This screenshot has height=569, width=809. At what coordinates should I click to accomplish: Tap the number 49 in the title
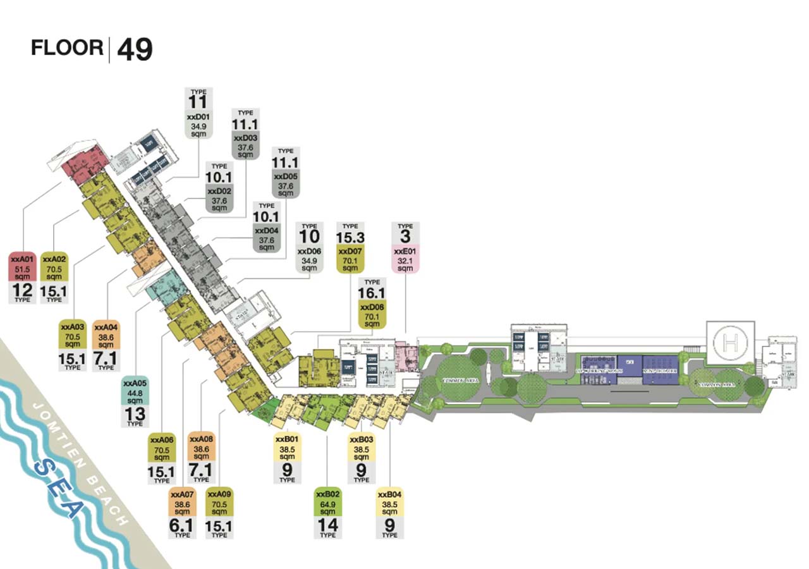click(x=135, y=50)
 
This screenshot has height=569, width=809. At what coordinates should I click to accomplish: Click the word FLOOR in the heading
click(x=67, y=48)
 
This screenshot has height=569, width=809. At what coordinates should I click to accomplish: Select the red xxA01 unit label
click(x=22, y=259)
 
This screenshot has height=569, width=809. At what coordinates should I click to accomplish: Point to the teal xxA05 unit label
click(x=135, y=383)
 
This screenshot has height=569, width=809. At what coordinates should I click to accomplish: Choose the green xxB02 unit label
click(x=328, y=494)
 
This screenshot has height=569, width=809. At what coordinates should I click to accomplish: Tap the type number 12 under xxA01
click(x=22, y=291)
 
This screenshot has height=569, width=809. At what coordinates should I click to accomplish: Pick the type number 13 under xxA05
click(x=135, y=415)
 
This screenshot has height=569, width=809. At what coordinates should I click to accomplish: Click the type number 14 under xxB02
click(x=328, y=525)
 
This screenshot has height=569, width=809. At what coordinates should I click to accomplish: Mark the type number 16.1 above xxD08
click(x=372, y=293)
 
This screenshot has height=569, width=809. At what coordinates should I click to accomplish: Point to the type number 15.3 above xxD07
click(x=350, y=237)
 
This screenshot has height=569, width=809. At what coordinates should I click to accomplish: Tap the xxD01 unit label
click(x=199, y=117)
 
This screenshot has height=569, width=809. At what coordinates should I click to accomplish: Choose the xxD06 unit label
click(x=309, y=252)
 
